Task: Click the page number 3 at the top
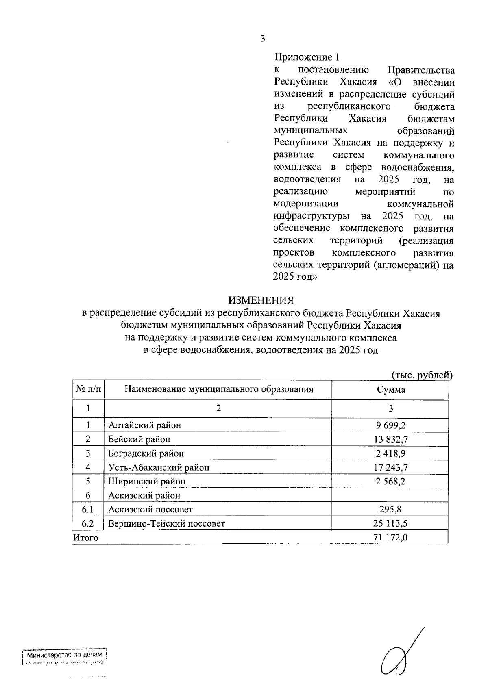(x=262, y=39)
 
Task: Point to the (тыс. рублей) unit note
(x=422, y=375)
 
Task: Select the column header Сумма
(x=390, y=389)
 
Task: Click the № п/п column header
(x=88, y=389)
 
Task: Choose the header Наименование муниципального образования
(x=218, y=389)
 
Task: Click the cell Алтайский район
(x=144, y=425)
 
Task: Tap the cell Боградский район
(x=146, y=453)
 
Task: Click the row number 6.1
(x=88, y=510)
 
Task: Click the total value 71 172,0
(x=390, y=538)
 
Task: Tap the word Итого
(x=85, y=538)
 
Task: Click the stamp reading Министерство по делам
(x=65, y=655)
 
